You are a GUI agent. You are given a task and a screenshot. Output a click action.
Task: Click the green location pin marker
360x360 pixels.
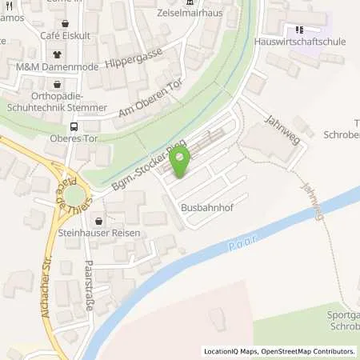pyautogui.click(x=180, y=162)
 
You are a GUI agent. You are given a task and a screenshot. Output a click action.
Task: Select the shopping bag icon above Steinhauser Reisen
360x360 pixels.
pyautogui.click(x=98, y=222)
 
